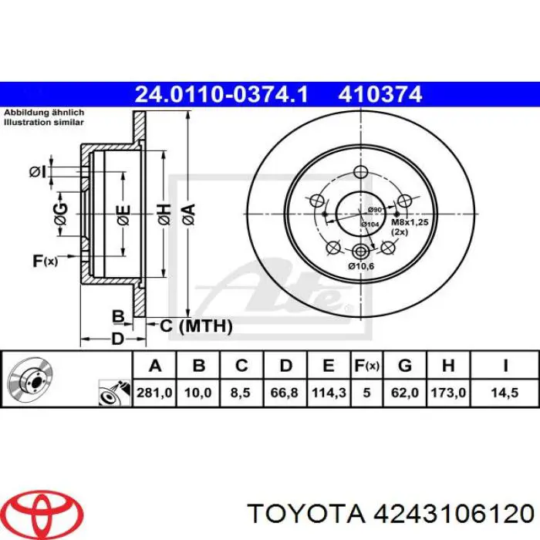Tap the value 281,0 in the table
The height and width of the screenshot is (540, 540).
click(x=152, y=393)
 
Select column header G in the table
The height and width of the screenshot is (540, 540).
click(x=405, y=365)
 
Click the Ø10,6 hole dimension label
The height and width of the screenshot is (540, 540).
click(x=361, y=266)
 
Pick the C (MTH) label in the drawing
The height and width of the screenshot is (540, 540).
click(x=196, y=326)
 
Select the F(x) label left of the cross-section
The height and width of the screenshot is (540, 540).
click(x=46, y=261)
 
